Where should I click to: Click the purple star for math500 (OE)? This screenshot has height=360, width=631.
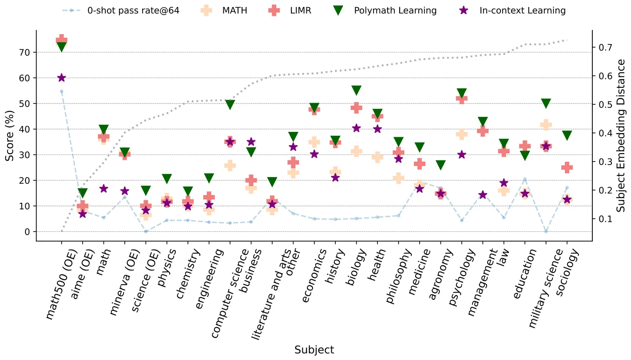(61, 78)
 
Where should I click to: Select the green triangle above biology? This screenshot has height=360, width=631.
(356, 91)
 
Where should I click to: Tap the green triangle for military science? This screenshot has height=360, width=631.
(546, 103)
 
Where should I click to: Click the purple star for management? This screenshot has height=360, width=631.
(483, 195)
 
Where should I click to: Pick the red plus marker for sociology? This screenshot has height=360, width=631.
(567, 167)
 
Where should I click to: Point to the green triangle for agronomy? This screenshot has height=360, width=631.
(441, 166)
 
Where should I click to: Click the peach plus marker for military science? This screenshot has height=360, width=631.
(546, 125)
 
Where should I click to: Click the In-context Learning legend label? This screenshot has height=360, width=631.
(522, 10)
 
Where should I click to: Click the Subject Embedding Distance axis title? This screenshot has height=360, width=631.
(623, 136)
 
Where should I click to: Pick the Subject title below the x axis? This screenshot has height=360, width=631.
(314, 350)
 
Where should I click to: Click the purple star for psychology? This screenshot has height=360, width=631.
(461, 154)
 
